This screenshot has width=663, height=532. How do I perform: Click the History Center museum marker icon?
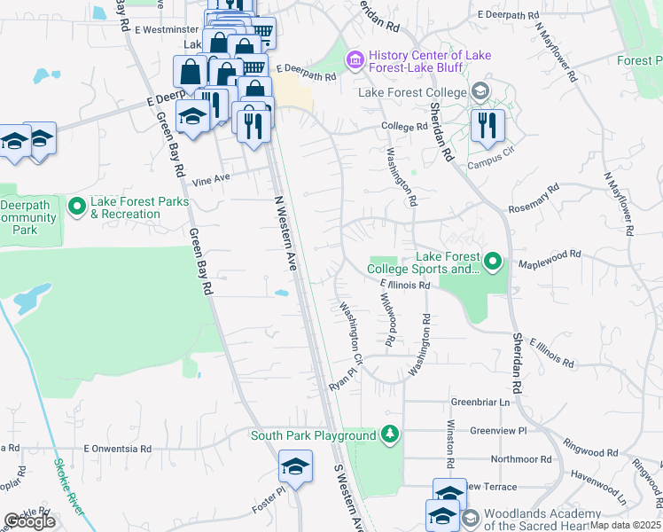point(355,59)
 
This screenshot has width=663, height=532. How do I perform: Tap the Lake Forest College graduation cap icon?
point(480,92)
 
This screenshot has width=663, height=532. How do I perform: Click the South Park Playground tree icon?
point(388,434)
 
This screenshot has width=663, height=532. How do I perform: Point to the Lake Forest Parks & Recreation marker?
point(76,207)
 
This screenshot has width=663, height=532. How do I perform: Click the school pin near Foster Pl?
point(295,466)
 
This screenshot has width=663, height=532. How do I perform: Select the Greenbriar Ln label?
point(481,402)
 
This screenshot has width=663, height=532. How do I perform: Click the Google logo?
point(29,522)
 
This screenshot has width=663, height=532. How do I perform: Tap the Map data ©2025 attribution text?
point(626,525)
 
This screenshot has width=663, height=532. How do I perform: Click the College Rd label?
point(404,127)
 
